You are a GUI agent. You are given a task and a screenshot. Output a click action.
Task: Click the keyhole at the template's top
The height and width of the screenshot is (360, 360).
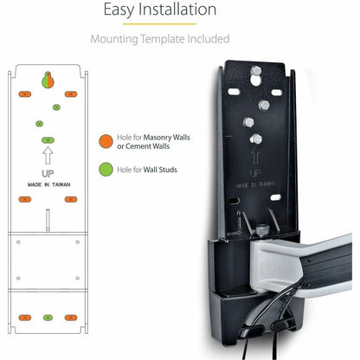click(48, 80)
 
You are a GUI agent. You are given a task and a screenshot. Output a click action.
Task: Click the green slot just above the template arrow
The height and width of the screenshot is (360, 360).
click(48, 139)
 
